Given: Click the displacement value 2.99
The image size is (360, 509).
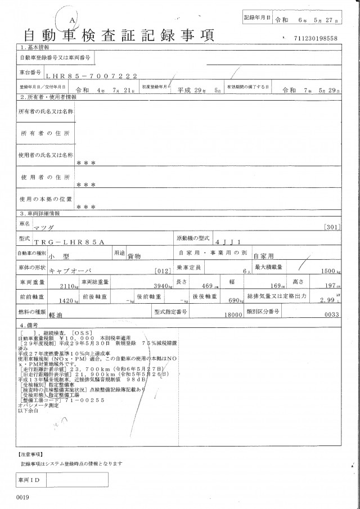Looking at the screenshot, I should tap(326, 300).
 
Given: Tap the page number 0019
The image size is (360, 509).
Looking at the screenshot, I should tap(22, 497).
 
